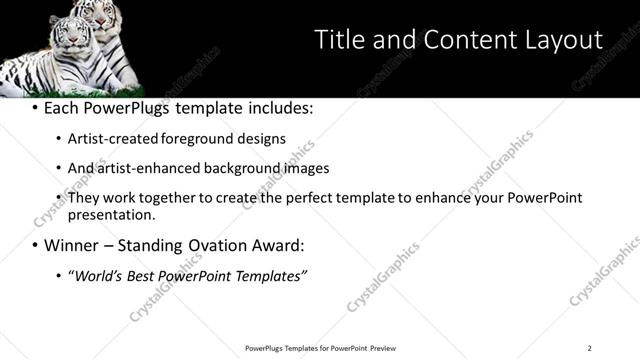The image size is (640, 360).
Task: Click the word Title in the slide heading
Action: point(339,40)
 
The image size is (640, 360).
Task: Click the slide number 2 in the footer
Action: point(589,348)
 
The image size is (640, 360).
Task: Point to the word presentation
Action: point(110,214)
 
